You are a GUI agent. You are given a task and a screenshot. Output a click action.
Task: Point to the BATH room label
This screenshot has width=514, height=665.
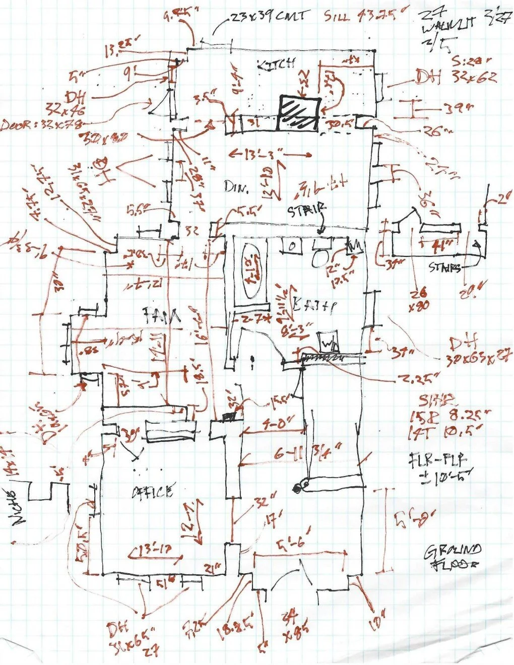point(315,305)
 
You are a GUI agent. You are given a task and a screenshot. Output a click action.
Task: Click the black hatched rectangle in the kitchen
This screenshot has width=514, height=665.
point(300,113)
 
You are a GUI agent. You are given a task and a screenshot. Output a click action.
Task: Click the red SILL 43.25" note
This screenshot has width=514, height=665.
point(359,16)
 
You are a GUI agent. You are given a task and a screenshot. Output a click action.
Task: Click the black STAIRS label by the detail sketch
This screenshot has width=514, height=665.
point(444,268)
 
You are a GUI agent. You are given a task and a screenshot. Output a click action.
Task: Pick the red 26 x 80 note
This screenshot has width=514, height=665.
point(418,298)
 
